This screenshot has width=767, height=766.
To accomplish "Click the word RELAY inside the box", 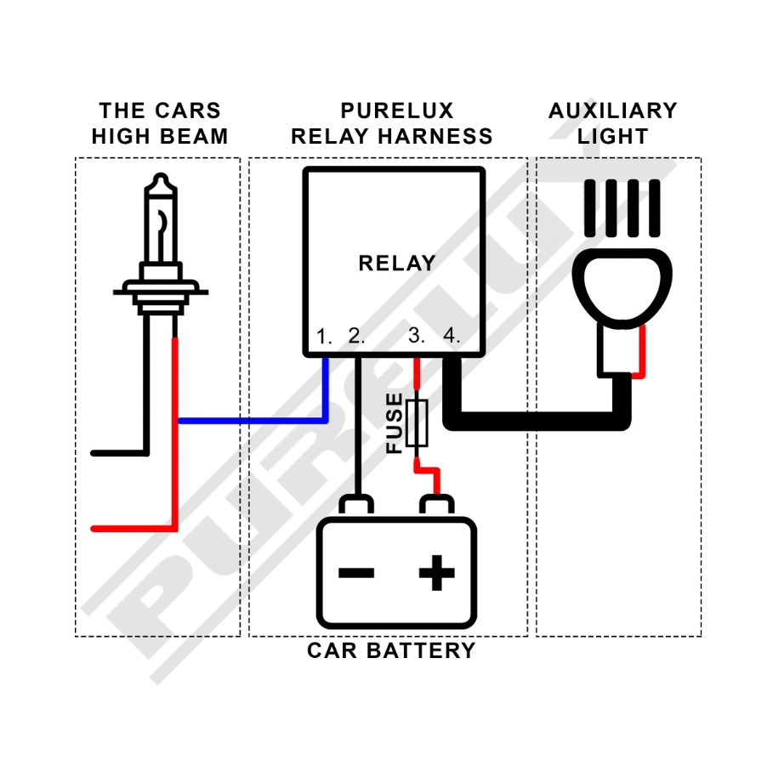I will (396, 264).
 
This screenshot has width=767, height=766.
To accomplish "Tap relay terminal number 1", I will (324, 336).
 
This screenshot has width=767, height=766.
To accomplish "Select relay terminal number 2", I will (356, 336).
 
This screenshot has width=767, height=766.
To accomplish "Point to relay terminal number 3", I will (417, 336).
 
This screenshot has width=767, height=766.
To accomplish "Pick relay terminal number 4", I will (452, 336).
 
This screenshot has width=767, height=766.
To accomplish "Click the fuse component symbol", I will (417, 422).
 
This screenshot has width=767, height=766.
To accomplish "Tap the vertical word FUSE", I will (395, 423).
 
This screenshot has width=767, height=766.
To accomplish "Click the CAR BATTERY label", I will (391, 651).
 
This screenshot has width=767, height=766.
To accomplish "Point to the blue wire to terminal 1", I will (255, 421).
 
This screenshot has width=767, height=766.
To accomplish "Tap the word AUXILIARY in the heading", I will (612, 111).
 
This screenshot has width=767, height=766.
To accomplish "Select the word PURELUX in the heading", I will (397, 111).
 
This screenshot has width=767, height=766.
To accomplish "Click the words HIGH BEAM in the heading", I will (160, 137).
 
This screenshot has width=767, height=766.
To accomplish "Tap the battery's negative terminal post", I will (356, 507).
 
